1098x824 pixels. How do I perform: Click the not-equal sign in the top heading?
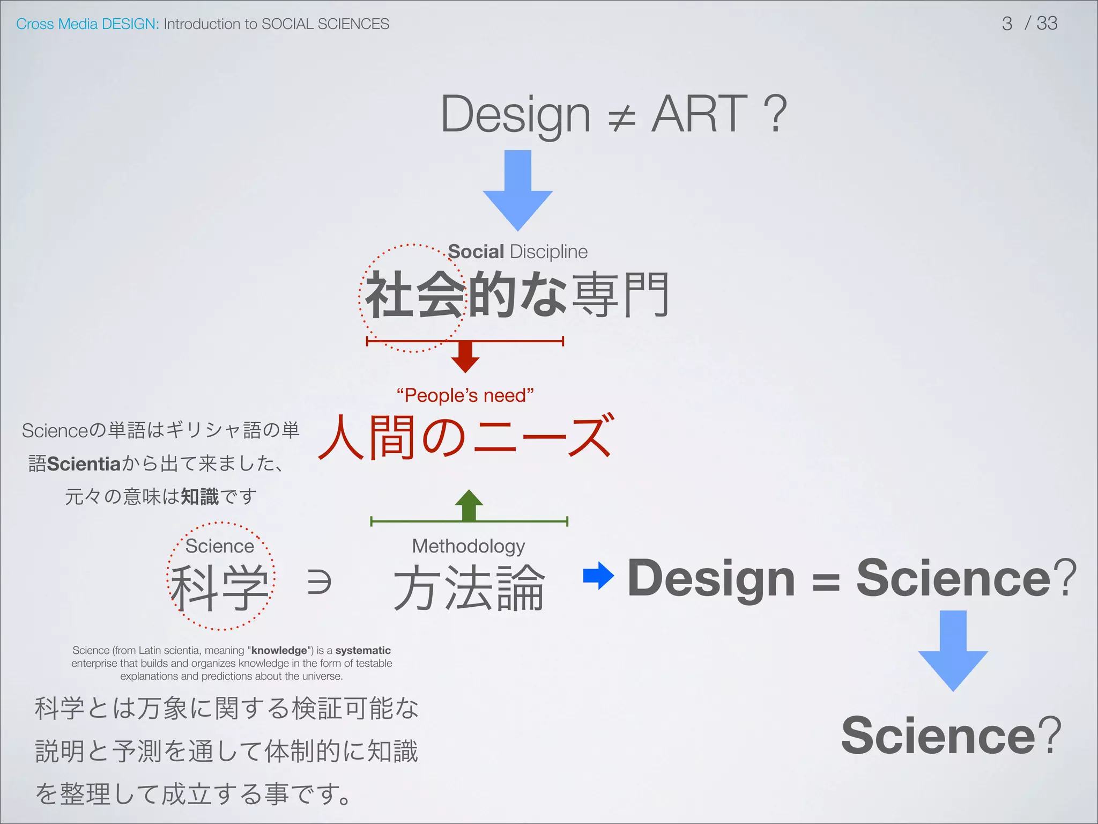tap(622, 117)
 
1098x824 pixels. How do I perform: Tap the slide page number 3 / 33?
tap(1029, 24)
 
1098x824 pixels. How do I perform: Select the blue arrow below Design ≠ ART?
tap(517, 192)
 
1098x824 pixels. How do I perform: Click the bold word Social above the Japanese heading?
tap(476, 252)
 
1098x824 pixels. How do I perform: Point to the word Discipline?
tap(548, 252)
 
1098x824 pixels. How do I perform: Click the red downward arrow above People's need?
tap(465, 357)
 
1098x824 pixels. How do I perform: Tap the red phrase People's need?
tap(465, 395)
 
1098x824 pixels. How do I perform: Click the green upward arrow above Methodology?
tap(469, 505)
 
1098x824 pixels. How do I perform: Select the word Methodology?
tap(468, 546)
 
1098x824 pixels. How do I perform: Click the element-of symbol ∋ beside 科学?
tap(319, 582)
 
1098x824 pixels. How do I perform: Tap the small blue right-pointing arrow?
tap(598, 576)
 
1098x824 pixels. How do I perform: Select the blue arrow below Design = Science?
tap(953, 651)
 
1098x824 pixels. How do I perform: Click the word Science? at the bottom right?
tap(951, 735)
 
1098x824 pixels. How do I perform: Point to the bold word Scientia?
tap(84, 464)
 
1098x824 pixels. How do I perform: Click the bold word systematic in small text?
tap(363, 650)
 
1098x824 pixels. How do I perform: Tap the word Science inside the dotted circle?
tap(219, 546)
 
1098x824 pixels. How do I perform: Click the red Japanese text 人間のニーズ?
tap(465, 437)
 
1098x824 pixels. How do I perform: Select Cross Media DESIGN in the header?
tap(87, 24)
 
